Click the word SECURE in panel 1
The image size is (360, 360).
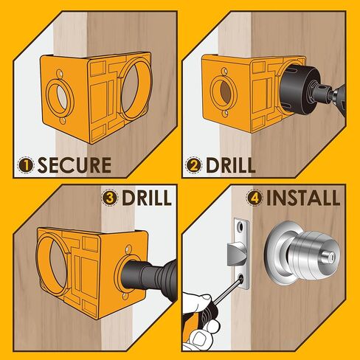[x=75, y=165]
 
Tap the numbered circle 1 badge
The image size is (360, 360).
[x=26, y=165]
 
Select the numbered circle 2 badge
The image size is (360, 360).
[x=194, y=165]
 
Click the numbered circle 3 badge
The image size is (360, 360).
[x=110, y=198]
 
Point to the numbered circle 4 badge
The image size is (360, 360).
[x=255, y=198]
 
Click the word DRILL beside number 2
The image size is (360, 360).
[x=230, y=165]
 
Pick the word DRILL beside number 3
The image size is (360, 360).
[x=147, y=198]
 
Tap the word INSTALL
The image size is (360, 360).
[x=303, y=198]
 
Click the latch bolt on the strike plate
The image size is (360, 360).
[x=237, y=254]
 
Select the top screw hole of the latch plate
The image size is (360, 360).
[x=239, y=226]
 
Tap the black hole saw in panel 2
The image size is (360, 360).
[x=299, y=90]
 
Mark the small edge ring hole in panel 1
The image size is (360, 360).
[x=60, y=97]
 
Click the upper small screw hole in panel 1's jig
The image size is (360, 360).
[x=59, y=73]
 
